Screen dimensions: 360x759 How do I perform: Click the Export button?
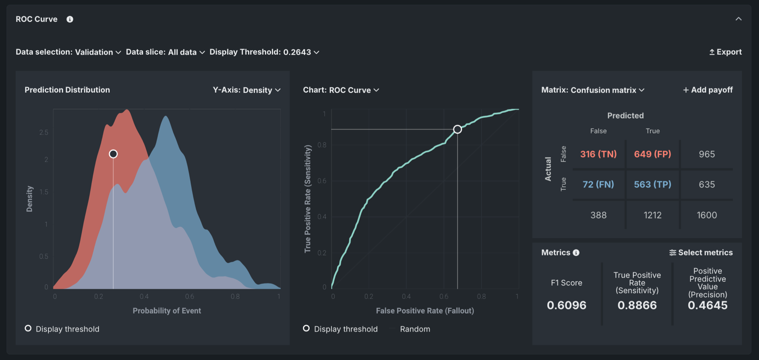(x=725, y=52)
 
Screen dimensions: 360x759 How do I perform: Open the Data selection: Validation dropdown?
(x=68, y=52)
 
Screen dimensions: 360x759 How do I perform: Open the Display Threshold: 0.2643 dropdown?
(x=264, y=52)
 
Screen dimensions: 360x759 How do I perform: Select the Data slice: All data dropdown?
(x=165, y=52)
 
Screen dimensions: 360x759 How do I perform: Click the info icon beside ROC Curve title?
(x=70, y=19)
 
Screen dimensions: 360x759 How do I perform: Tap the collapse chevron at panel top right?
(x=738, y=19)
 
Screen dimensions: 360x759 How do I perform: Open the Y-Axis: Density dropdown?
(x=246, y=90)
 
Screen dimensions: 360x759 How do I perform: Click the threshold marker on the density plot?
(x=113, y=154)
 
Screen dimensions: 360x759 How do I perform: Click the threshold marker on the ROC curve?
(x=457, y=129)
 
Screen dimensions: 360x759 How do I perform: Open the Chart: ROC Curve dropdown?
(x=341, y=90)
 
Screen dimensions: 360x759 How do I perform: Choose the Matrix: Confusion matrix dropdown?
(x=593, y=90)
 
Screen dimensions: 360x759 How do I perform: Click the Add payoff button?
(x=707, y=90)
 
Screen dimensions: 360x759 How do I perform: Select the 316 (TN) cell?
(x=598, y=154)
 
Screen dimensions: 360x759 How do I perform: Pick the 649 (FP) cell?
(x=653, y=154)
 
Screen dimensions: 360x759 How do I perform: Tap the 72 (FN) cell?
(x=598, y=185)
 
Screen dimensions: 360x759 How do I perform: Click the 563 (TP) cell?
(x=653, y=185)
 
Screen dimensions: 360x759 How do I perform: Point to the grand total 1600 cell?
(x=707, y=215)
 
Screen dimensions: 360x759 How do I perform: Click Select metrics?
(x=701, y=253)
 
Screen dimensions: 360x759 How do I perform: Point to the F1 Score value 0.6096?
(x=566, y=305)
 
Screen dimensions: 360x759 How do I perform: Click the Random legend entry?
(x=415, y=329)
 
